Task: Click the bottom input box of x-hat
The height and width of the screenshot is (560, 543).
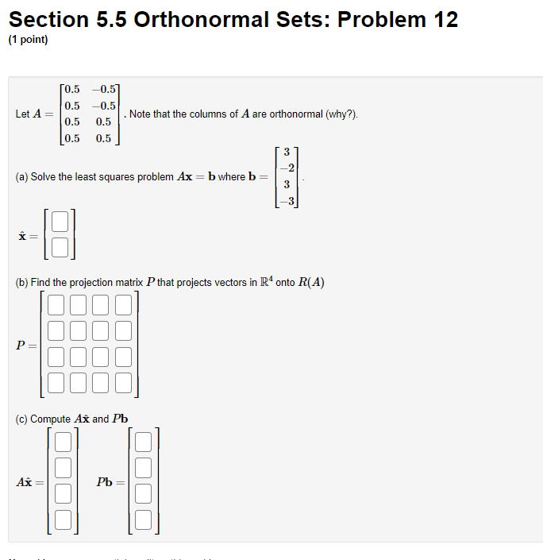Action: [63, 248]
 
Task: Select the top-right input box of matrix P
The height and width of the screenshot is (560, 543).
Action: [123, 305]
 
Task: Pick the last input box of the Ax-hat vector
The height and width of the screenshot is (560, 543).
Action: [64, 520]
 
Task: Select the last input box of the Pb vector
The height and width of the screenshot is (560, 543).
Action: [144, 520]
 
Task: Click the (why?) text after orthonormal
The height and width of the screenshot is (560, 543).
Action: [341, 114]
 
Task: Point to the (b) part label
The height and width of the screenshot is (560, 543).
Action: [22, 283]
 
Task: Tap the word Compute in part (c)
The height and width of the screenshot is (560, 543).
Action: [51, 419]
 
